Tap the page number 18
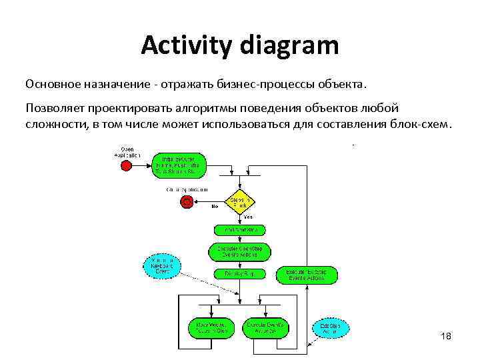click(446, 336)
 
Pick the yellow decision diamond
click(240, 201)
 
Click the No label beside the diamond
click(215, 207)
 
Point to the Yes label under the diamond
click(248, 217)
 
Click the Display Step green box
click(240, 273)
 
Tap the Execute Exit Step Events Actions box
click(307, 274)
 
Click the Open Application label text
click(127, 151)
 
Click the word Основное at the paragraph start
click(53, 85)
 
